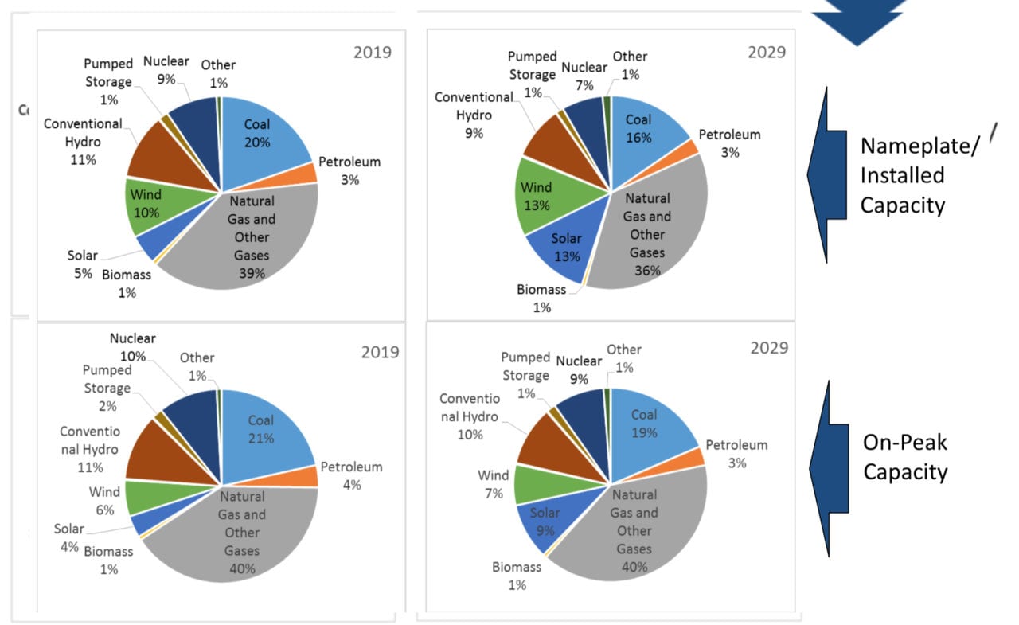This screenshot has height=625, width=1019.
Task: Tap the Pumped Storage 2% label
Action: click(x=107, y=389)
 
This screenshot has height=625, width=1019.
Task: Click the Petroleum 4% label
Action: click(x=351, y=475)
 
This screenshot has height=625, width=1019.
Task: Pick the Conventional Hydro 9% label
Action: click(x=474, y=115)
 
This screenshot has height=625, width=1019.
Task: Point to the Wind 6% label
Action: click(x=104, y=501)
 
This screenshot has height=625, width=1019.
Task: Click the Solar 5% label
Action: click(x=82, y=264)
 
